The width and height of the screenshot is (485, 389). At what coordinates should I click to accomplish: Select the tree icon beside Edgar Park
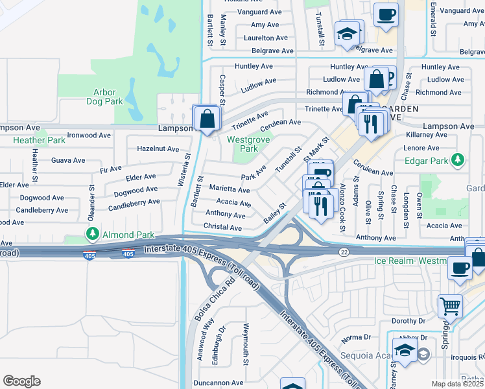pyautogui.click(x=458, y=159)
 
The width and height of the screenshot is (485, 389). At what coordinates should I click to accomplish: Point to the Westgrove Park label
pyautogui.click(x=243, y=144)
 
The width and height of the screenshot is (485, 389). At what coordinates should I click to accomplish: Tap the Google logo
pyautogui.click(x=22, y=381)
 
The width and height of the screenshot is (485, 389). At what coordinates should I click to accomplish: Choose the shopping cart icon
pyautogui.click(x=450, y=306)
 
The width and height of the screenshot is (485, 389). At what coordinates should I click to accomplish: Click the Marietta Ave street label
pyautogui.click(x=230, y=189)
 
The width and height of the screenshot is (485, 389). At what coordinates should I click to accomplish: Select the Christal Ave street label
pyautogui.click(x=223, y=228)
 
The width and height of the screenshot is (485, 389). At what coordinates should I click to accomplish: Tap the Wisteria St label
pyautogui.click(x=183, y=170)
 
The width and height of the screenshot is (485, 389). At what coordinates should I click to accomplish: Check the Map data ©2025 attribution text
pyautogui.click(x=457, y=384)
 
